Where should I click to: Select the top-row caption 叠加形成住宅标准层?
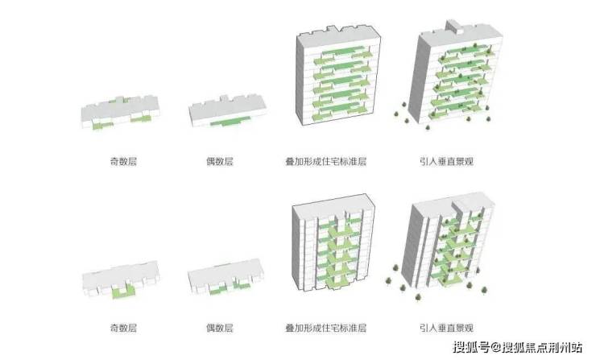331,160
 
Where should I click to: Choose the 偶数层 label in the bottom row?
220,327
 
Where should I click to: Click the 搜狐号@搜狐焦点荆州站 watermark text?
518,347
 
